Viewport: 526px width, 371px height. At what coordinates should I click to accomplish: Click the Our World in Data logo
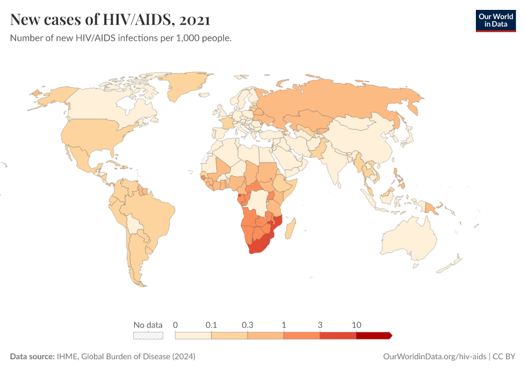[495, 20]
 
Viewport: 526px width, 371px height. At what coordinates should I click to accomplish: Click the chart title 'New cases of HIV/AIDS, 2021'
[110, 20]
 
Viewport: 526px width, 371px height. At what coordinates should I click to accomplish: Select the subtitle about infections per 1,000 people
[121, 38]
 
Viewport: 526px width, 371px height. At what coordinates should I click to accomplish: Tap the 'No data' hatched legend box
[149, 336]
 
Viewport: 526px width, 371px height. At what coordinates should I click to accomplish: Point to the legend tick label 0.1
[212, 325]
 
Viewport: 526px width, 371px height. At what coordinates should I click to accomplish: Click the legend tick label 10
[356, 325]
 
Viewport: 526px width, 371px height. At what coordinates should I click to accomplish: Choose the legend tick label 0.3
[248, 325]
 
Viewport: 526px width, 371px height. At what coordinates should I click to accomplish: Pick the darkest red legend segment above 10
[373, 336]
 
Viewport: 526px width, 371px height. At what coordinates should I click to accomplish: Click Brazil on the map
[152, 213]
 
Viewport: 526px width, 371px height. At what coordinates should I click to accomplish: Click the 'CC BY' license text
[504, 357]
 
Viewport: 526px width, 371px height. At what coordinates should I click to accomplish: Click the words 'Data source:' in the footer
[32, 357]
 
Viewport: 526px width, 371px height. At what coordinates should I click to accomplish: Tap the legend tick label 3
[320, 325]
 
